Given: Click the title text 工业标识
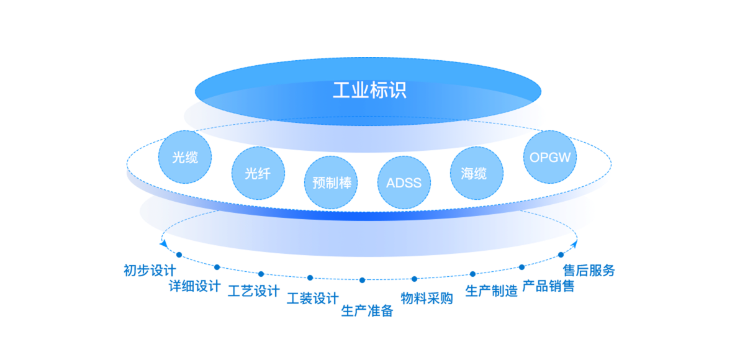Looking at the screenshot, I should coord(369,91).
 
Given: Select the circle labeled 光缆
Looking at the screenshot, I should coord(185,157).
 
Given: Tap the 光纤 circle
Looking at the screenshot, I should coord(258,173).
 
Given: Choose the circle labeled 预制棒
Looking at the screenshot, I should coord(332,182).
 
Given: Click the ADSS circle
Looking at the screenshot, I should coord(404,182).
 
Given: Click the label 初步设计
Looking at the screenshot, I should coord(150,271).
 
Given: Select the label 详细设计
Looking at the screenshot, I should coord(194,286).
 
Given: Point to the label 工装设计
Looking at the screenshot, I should coord(312,299).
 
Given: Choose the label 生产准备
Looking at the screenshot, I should coord(367,310).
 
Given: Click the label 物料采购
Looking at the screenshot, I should coord(427,298).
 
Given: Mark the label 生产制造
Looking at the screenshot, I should coord(491,290).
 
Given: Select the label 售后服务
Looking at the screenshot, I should coord(589,271).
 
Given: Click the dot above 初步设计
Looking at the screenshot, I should coord(179,254).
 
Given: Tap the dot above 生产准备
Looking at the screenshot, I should coord(362,280).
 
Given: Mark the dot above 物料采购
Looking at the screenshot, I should coord(415,279).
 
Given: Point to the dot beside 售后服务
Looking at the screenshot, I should coord(561,254).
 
